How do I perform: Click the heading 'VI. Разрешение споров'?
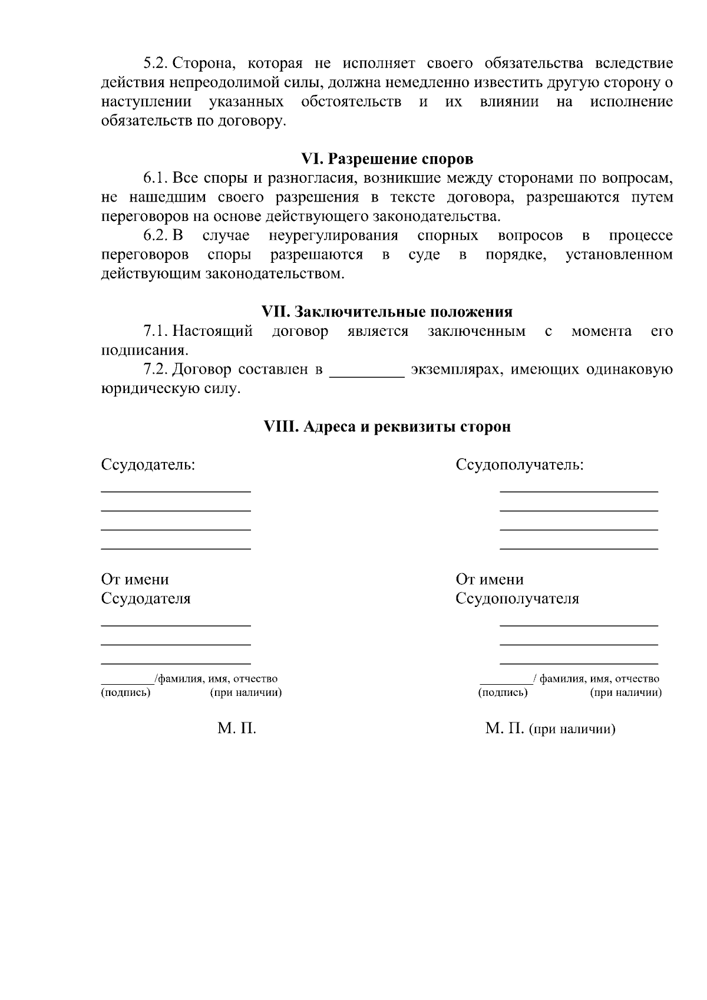pyautogui.click(x=387, y=159)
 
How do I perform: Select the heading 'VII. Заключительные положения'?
pyautogui.click(x=387, y=312)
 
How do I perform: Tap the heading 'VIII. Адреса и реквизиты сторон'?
pyautogui.click(x=387, y=427)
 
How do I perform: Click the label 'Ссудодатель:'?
pyautogui.click(x=148, y=465)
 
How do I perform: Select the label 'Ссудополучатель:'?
pyautogui.click(x=520, y=465)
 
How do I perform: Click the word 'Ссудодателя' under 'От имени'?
pyautogui.click(x=146, y=599)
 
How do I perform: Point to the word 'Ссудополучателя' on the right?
pyautogui.click(x=517, y=599)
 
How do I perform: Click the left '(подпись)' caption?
pyautogui.click(x=126, y=692)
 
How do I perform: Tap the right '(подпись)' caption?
pyautogui.click(x=503, y=692)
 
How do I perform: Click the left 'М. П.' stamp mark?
pyautogui.click(x=237, y=729)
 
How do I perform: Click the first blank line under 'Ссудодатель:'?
pyautogui.click(x=176, y=491)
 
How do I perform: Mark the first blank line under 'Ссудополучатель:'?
pyautogui.click(x=579, y=491)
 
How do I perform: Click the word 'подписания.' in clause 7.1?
pyautogui.click(x=145, y=351)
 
